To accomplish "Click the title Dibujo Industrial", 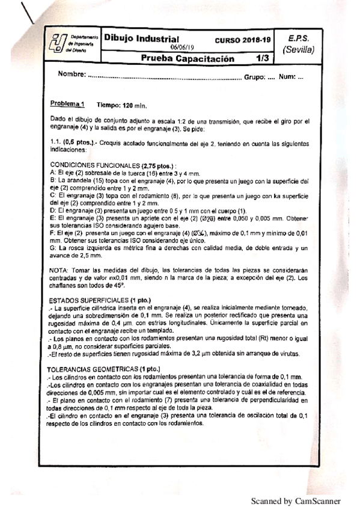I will click(x=141, y=38).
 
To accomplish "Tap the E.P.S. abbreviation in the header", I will click(x=299, y=37).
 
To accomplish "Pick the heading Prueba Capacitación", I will click(x=186, y=59).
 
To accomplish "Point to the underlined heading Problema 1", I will click(x=68, y=103).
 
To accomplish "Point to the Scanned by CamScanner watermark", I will click(x=295, y=500).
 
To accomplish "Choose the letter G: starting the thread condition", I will click(x=54, y=247).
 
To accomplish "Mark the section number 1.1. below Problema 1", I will click(x=58, y=143).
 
